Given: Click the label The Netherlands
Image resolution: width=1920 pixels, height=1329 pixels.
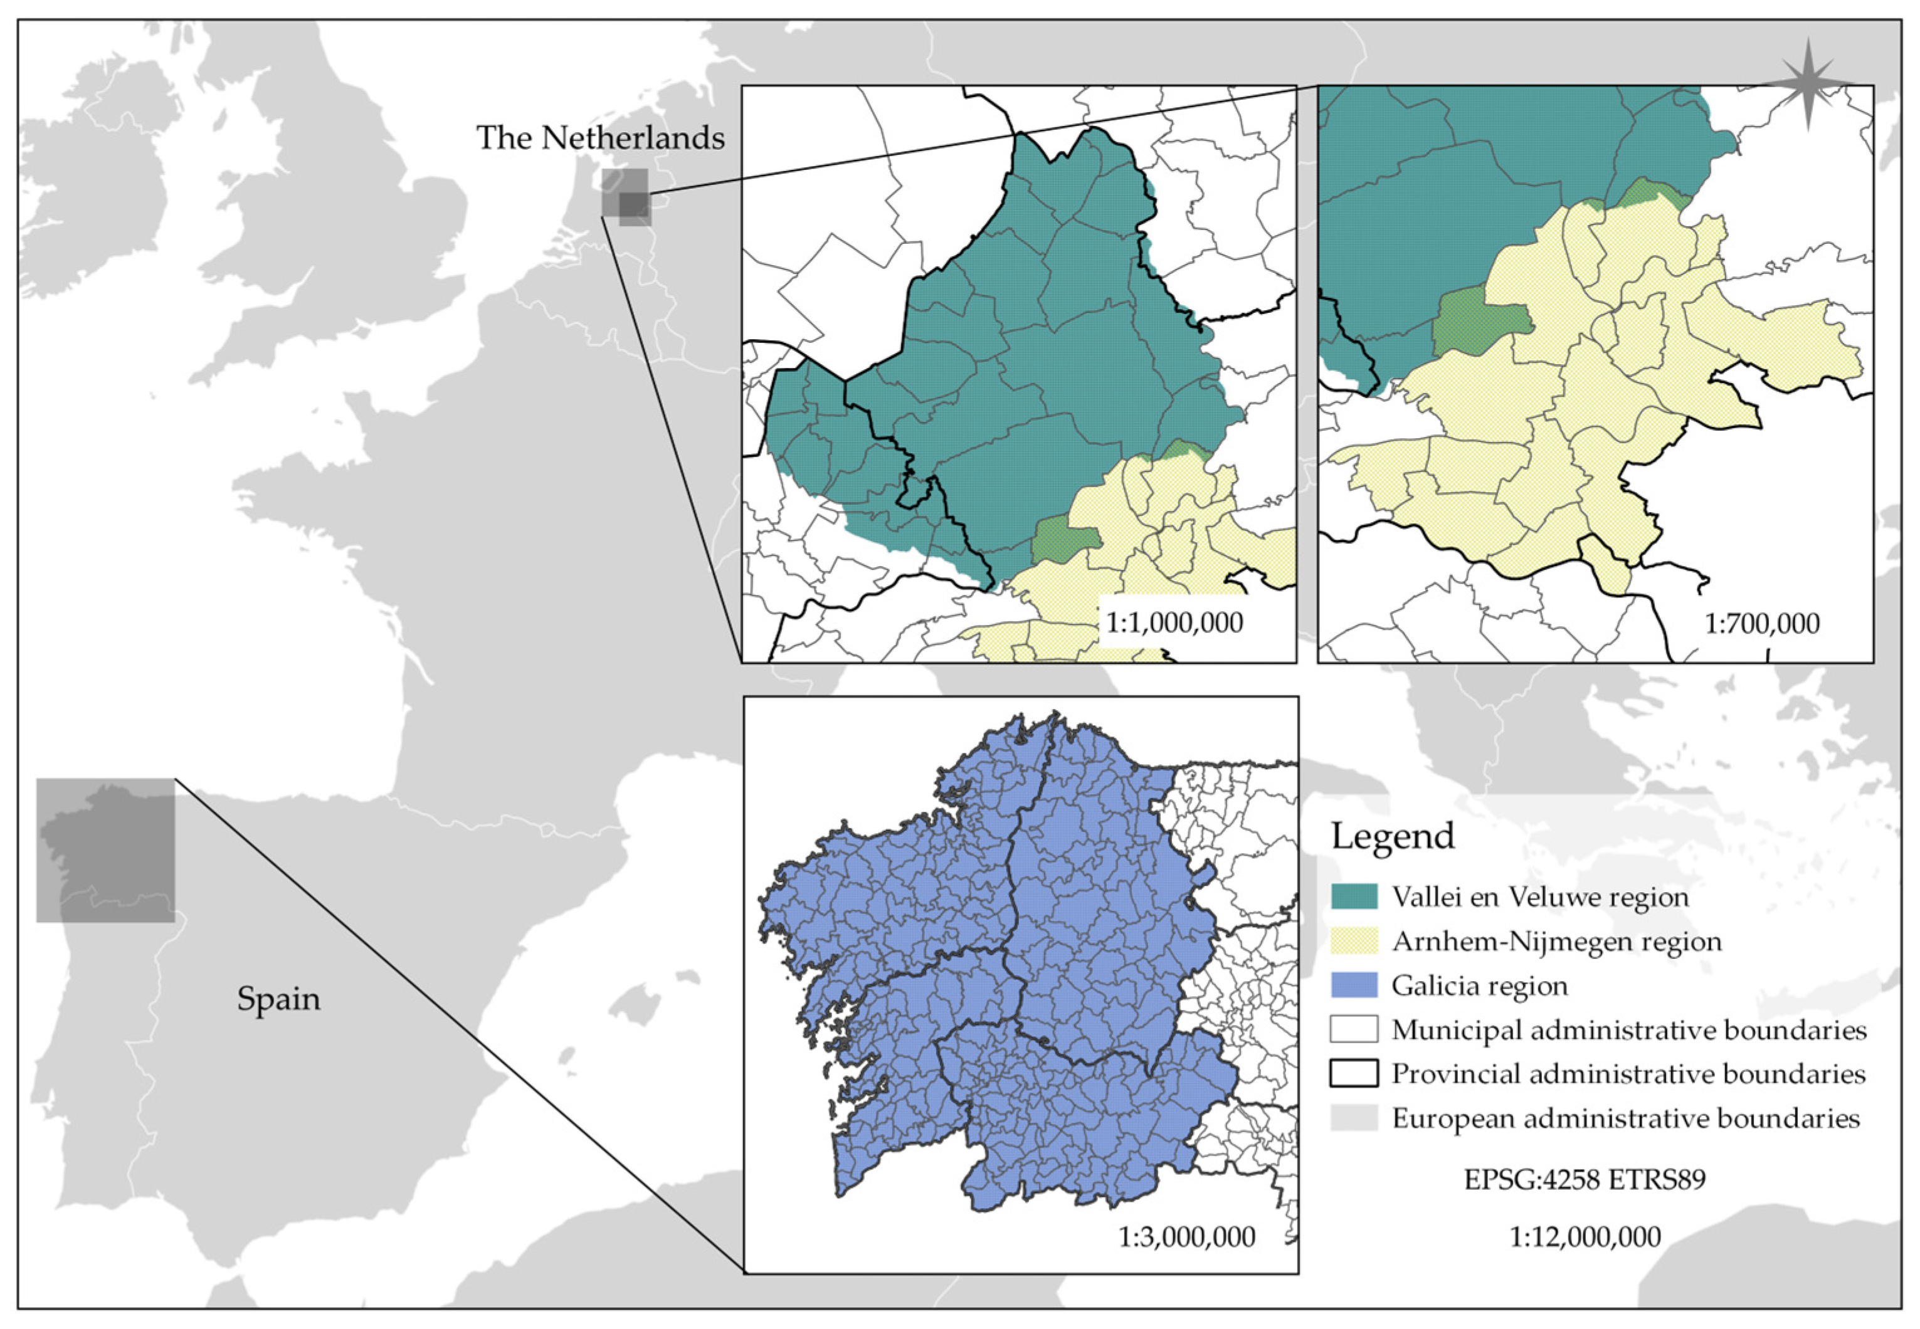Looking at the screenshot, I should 599,137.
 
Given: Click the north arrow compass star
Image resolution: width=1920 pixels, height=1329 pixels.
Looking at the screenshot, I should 1808,83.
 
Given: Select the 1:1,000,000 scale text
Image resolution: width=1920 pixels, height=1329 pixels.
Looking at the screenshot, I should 1174,622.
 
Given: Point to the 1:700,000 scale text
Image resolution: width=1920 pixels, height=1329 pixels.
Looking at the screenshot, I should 1762,623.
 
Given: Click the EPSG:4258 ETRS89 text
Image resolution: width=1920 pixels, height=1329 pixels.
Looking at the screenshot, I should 1585,1179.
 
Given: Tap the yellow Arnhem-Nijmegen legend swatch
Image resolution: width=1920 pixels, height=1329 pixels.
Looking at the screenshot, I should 1354,942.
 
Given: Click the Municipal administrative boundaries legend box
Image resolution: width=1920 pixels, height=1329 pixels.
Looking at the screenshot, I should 1354,1030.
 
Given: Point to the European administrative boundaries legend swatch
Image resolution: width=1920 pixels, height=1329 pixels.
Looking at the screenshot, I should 1354,1118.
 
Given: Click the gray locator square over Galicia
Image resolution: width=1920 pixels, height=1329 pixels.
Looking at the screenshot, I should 106,850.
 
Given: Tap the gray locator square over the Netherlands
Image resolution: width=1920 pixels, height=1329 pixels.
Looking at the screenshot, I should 626,196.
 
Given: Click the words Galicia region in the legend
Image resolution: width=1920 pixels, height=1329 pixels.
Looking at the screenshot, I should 1479,986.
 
